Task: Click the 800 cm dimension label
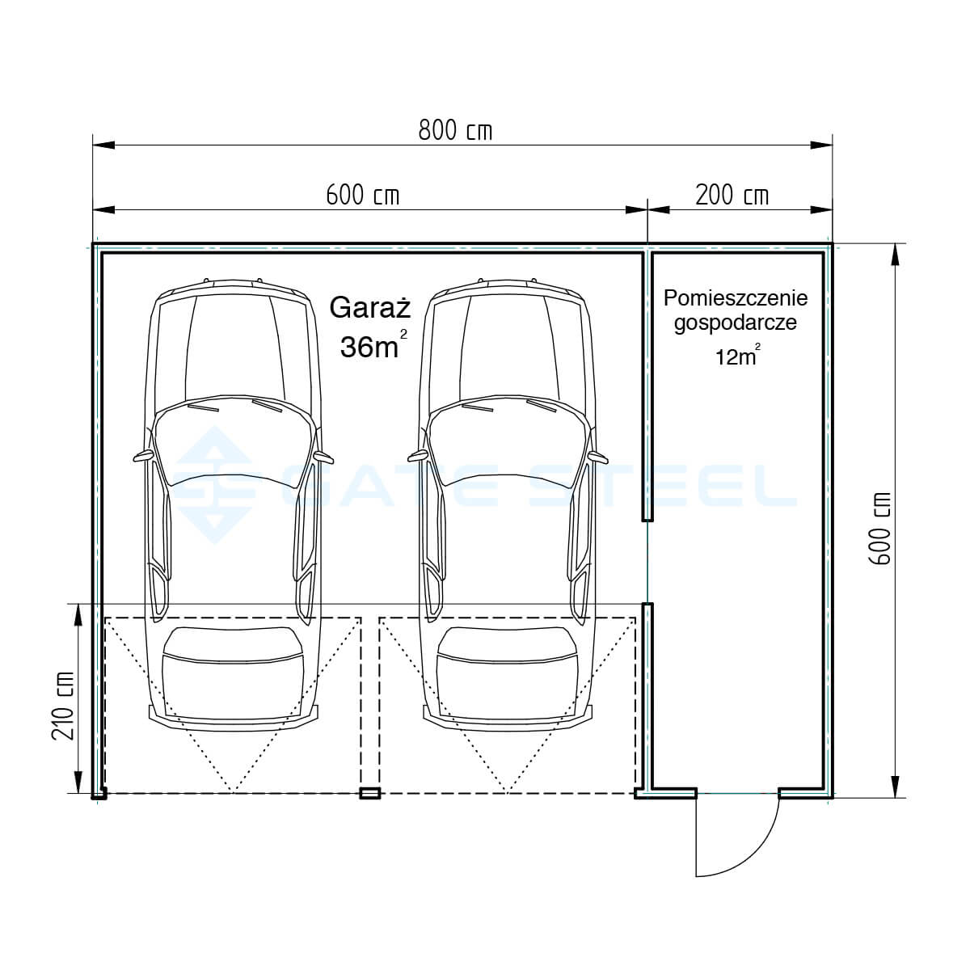pos(454,131)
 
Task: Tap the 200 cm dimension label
pos(732,196)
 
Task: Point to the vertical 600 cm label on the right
pos(880,529)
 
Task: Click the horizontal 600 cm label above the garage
pos(362,196)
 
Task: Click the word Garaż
pos(370,307)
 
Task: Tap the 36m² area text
pos(373,345)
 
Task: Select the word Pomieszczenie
pos(736,298)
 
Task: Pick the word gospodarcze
pos(736,323)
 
